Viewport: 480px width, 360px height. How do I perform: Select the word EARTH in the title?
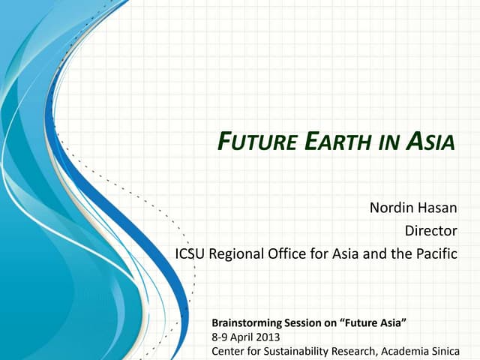[334, 141]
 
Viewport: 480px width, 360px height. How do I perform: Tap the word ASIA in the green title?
[431, 141]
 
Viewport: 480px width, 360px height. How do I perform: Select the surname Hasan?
[438, 206]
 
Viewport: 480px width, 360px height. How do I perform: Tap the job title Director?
[430, 230]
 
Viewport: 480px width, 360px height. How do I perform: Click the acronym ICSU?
[190, 253]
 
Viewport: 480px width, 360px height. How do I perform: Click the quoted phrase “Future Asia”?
[373, 323]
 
